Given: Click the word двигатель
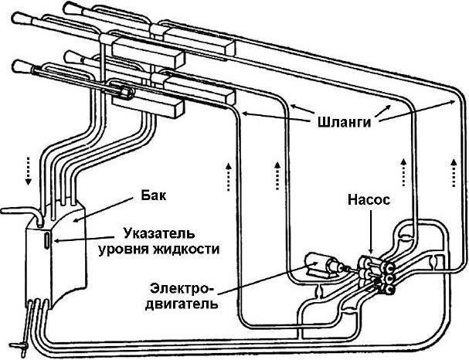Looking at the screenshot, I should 180,303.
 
